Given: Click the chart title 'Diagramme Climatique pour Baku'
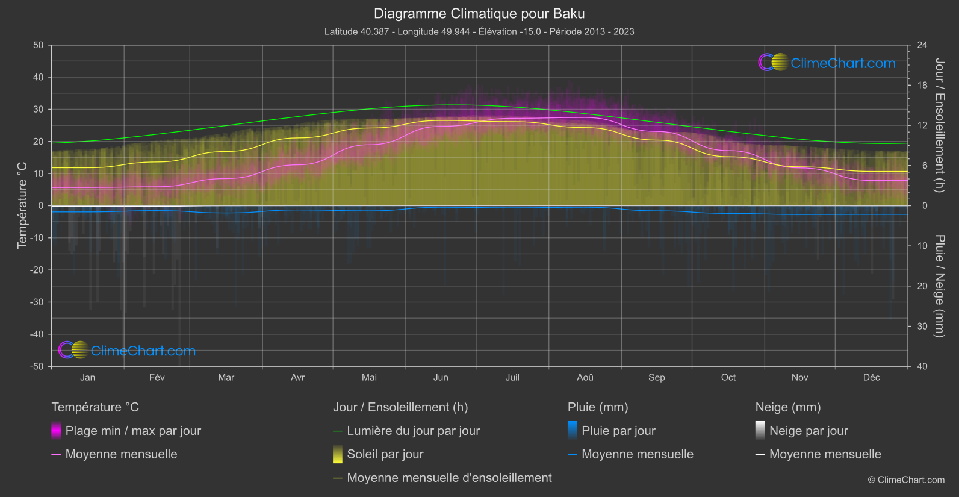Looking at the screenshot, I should coord(479,14).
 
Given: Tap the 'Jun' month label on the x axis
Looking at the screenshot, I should coord(441,378).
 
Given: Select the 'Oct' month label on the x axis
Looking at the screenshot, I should coord(728,378).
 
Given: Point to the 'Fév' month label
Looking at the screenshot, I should coord(157,378).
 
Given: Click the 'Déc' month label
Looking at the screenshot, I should coord(871,378).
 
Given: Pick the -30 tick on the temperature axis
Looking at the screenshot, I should coord(37,302).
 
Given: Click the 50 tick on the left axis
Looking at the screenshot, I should coord(39,45).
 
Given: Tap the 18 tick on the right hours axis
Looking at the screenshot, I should coord(922,86).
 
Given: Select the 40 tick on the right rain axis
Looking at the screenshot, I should coord(922,366).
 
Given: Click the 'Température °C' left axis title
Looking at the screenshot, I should coord(22,205).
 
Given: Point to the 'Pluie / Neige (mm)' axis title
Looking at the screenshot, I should coord(939,286).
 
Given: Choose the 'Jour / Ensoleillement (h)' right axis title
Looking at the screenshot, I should coord(939,125).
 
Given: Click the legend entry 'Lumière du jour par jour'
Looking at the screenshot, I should coord(413,431).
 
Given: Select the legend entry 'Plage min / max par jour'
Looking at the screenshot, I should coord(133,431).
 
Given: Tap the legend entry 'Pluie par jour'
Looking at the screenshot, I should coord(618,431).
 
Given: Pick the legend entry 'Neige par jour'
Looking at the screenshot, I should coord(808,431).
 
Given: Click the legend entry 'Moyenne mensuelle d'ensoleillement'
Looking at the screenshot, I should coord(449,478).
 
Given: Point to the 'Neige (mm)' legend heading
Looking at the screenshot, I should coord(788,407).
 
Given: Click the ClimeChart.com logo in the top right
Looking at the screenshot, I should coord(827,63).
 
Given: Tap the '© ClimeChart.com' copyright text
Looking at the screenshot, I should coord(906,480).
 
